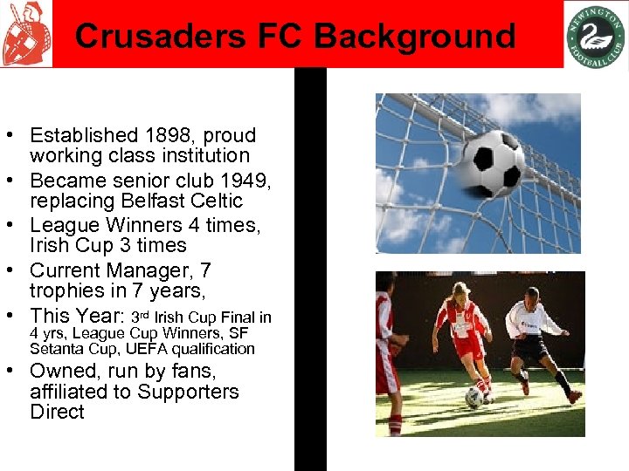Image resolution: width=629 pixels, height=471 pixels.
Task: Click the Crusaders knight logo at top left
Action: (x=26, y=34)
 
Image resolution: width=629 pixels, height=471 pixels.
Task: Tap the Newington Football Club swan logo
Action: (x=595, y=35)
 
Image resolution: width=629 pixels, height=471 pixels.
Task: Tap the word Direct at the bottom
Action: (x=57, y=412)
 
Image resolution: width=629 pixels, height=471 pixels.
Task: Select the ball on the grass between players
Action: (x=474, y=397)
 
